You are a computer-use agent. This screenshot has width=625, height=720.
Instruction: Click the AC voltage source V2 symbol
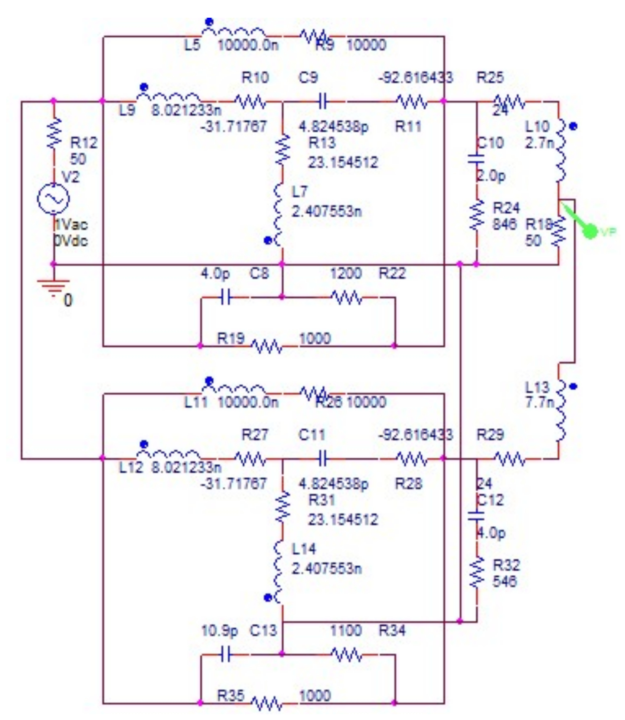point(53,198)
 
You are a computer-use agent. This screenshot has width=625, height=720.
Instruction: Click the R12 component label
point(84,143)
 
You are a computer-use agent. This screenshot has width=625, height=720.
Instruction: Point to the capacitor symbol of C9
point(322,101)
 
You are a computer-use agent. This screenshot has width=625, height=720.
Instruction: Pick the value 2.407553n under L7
point(326,211)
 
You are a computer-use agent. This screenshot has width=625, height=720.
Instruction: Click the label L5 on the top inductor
point(192,45)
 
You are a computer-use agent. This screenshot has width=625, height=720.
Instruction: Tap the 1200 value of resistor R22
point(345,274)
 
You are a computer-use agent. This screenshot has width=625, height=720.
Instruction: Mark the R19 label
point(231,338)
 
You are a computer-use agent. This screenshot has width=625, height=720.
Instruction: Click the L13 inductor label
point(537,387)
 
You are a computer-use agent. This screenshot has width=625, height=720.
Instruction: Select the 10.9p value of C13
point(219,631)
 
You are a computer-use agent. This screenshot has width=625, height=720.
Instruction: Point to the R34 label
point(392,631)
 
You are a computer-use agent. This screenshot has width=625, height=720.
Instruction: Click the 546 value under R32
point(504,581)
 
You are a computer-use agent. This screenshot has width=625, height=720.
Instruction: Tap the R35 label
point(231,695)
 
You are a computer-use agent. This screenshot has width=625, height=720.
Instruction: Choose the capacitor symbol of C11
point(322,459)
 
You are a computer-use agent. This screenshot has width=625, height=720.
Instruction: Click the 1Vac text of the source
point(71,225)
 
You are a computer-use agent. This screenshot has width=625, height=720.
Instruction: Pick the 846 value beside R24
point(504,224)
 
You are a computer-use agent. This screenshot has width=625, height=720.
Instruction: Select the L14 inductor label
point(303,549)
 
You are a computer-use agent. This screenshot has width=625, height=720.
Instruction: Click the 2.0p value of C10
point(491,176)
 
